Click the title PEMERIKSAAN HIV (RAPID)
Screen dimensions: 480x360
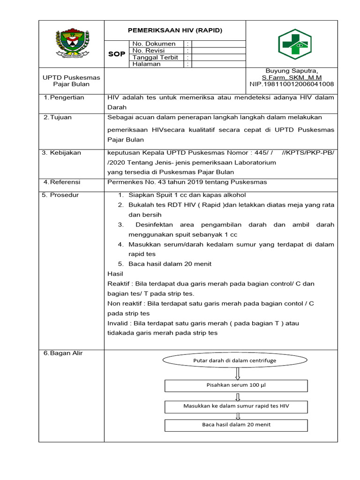175,30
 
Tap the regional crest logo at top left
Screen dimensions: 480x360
71,44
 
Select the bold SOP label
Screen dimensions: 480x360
117,54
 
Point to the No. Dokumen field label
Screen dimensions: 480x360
154,44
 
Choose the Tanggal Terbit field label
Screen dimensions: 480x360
155,57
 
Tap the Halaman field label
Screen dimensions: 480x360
146,64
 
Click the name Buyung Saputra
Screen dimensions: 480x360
292,70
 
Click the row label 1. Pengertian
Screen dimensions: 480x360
64,97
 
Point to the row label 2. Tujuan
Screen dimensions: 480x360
58,117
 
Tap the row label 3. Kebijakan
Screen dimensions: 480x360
61,152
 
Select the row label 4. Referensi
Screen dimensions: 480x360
62,182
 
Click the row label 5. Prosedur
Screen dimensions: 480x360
60,195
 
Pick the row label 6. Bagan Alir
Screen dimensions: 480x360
63,353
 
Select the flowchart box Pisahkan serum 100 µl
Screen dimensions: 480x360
236,385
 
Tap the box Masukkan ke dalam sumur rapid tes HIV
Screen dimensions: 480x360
236,406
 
